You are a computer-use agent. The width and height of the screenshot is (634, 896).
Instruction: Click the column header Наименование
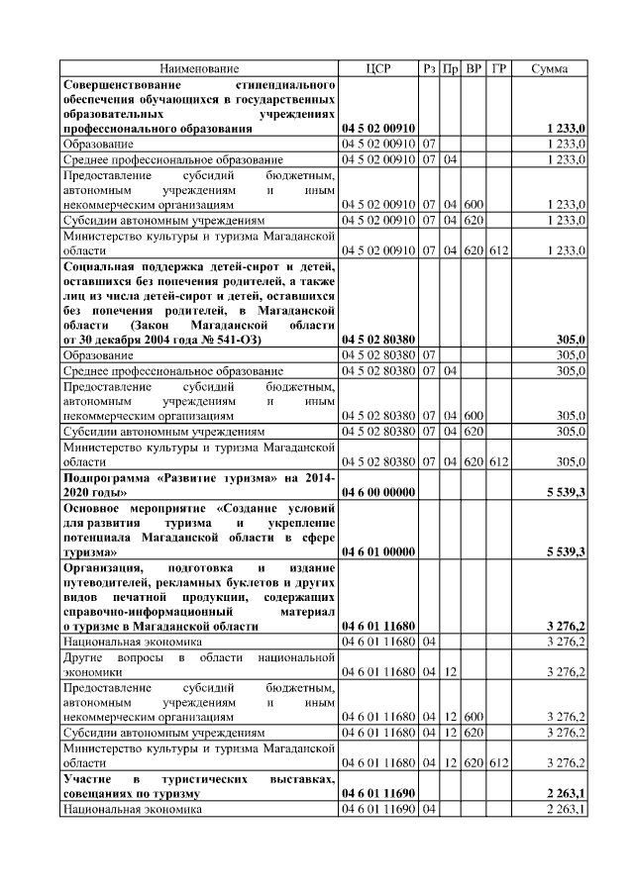point(199,68)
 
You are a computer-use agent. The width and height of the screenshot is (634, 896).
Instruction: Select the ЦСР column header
point(377,68)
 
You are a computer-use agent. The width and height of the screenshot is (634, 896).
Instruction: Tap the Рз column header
point(429,68)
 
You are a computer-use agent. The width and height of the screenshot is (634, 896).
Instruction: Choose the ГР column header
point(499,68)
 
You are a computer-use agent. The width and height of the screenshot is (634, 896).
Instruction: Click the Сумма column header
point(550,68)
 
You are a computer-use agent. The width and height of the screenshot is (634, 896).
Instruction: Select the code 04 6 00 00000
point(377,491)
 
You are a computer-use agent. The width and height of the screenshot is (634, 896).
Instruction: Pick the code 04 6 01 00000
point(377,550)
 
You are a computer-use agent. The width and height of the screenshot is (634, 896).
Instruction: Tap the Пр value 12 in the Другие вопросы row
point(451,671)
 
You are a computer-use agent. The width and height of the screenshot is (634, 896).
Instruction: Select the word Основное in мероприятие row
point(91,507)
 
